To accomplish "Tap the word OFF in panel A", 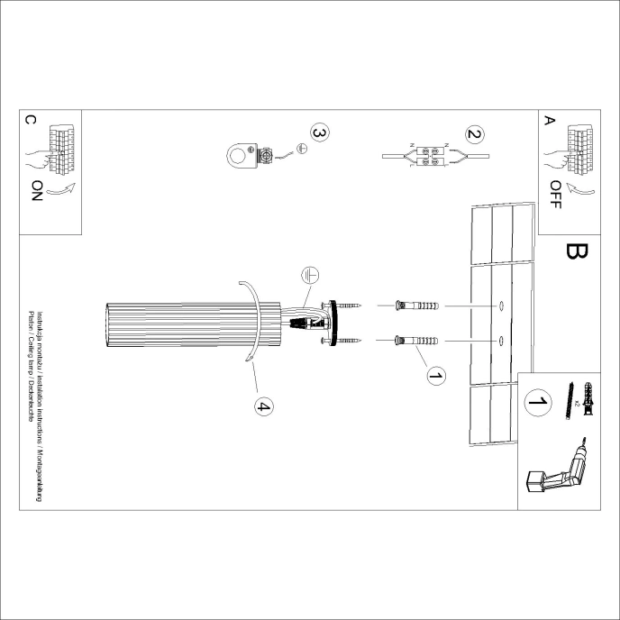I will [x=555, y=194].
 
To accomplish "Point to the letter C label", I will [x=32, y=120].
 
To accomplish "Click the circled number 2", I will [x=473, y=135].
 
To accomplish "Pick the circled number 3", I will [x=318, y=132].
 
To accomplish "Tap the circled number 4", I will [x=263, y=407].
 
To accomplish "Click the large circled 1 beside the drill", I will [x=539, y=403].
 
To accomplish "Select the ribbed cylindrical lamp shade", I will [x=195, y=325].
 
